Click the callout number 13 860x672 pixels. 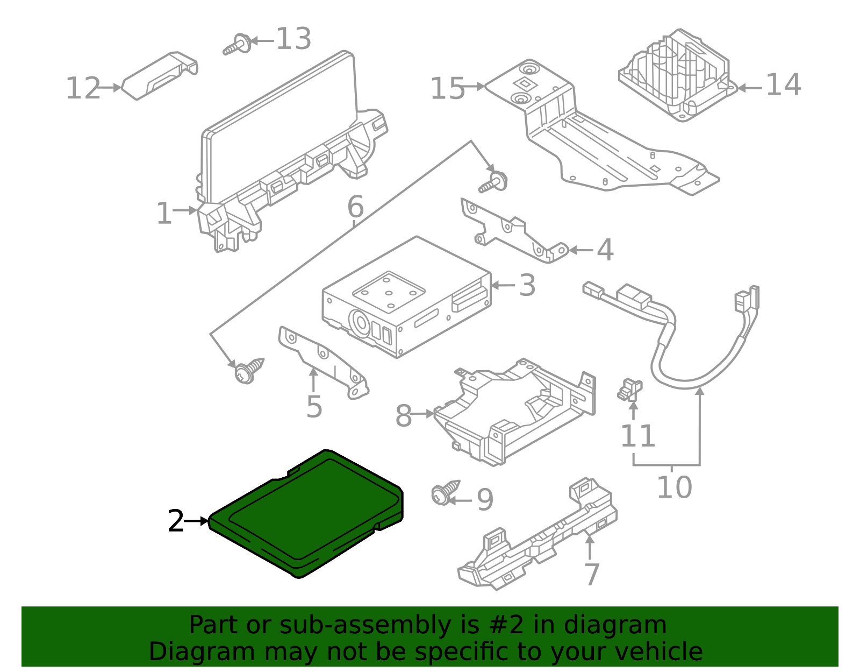point(293,39)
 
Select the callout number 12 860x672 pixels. point(83,89)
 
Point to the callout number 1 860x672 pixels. point(163,214)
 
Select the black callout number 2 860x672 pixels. point(176,521)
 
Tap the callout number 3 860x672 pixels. point(527,286)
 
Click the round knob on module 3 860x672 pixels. point(360,324)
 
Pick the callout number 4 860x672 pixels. point(605,251)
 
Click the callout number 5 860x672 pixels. point(314,407)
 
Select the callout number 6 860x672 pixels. point(355,207)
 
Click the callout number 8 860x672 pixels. point(403,416)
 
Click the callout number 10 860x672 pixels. point(674,487)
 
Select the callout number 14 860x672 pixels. point(783,86)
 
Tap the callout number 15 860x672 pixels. point(447,89)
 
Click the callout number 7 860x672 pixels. point(591,575)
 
